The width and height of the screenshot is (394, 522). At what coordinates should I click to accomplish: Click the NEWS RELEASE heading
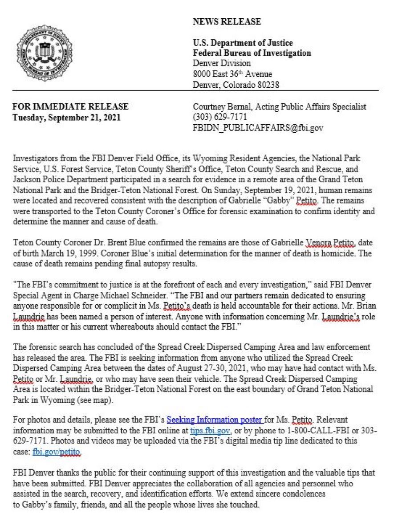[x=227, y=22]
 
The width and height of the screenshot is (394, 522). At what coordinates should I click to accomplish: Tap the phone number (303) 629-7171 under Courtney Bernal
[x=219, y=117]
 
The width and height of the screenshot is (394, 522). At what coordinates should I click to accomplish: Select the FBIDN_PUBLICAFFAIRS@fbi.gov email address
[x=258, y=128]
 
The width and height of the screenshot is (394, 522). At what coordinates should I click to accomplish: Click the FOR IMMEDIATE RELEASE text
[x=70, y=107]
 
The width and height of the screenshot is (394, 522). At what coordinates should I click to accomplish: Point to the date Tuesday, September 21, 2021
[x=66, y=118]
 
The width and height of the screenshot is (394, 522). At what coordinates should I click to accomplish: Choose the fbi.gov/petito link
[x=57, y=451]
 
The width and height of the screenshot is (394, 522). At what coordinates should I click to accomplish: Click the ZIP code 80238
[x=265, y=85]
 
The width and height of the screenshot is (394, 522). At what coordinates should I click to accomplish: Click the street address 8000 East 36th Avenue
[x=232, y=74]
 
